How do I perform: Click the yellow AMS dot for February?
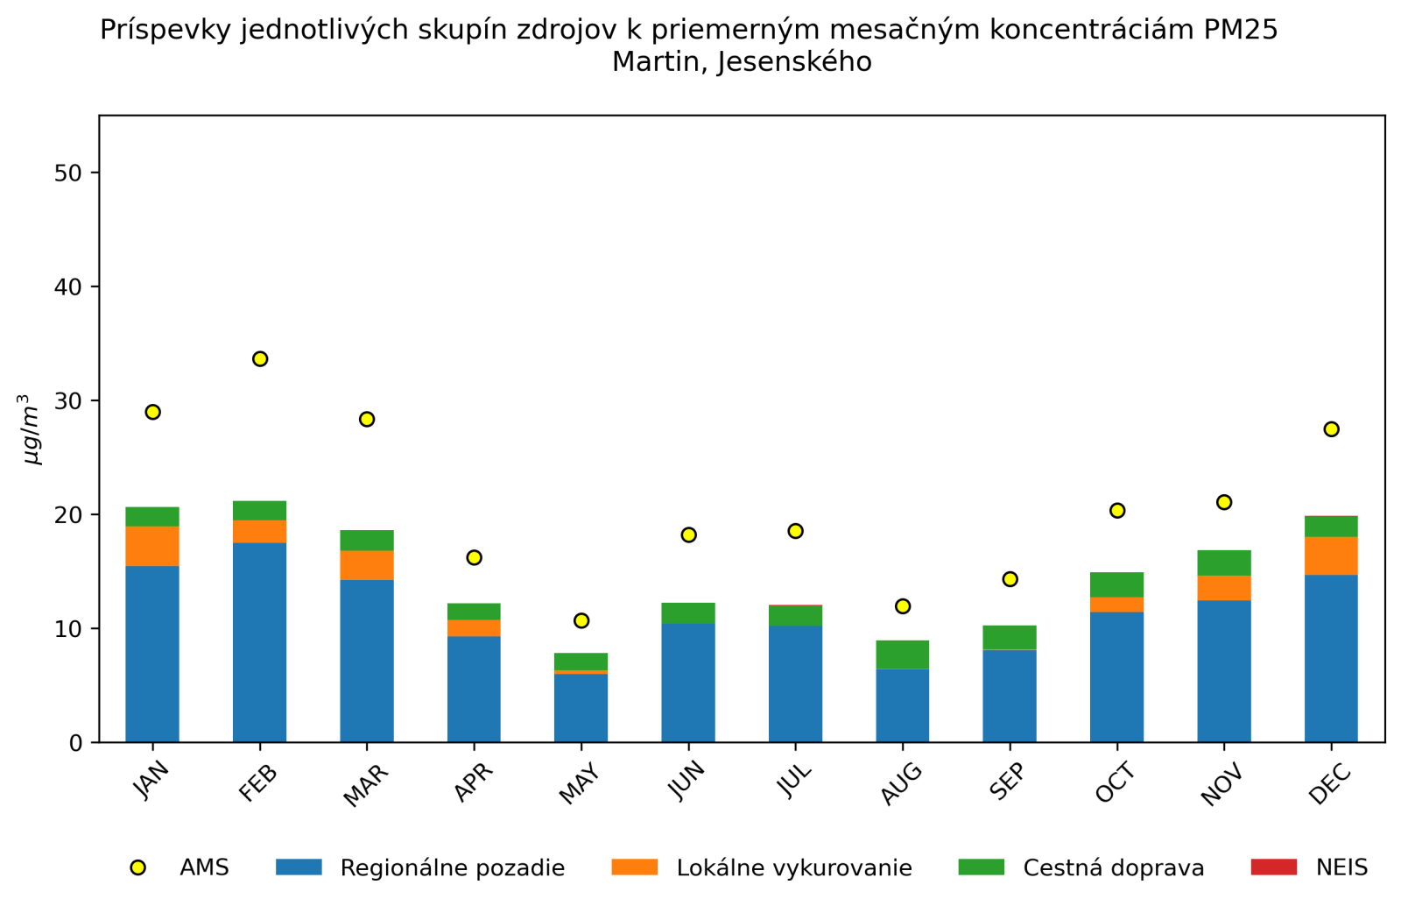260,359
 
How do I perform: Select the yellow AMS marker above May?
581,620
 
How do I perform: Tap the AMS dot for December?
1331,429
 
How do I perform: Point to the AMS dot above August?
903,606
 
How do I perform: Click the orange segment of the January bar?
152,546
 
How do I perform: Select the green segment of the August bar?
903,655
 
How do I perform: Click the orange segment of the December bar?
1331,556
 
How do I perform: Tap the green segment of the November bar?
1224,563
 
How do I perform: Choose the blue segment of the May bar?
581,708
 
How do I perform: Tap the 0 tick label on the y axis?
75,743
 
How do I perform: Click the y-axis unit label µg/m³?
32,429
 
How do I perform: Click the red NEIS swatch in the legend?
1273,867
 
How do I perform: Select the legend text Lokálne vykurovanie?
794,868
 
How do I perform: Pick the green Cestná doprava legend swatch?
981,867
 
